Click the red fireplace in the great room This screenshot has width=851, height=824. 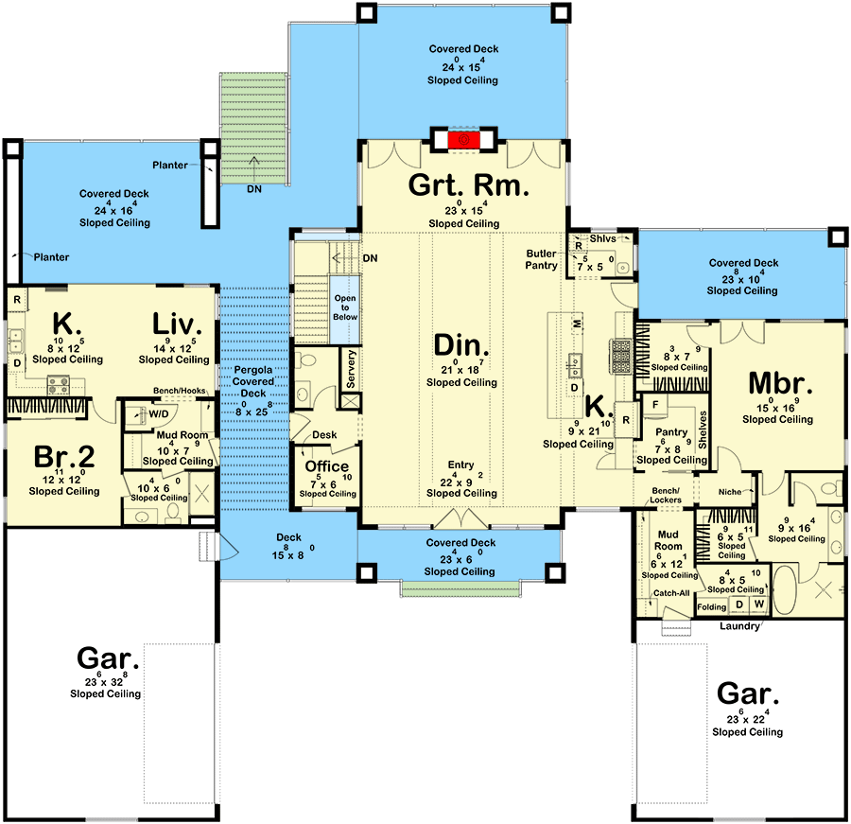click(x=463, y=140)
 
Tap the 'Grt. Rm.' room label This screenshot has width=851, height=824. click(x=468, y=185)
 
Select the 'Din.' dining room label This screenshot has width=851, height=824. click(x=461, y=345)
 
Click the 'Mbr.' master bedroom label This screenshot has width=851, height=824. click(x=780, y=383)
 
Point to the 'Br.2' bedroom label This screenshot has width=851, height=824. click(x=64, y=457)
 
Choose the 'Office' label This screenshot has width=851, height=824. click(x=327, y=466)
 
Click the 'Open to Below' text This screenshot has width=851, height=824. click(x=345, y=307)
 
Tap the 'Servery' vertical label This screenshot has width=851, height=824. click(x=351, y=369)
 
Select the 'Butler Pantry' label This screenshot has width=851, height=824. click(x=541, y=259)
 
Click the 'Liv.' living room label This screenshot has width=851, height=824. click(x=177, y=324)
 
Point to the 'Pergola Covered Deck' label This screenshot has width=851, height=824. click(x=252, y=381)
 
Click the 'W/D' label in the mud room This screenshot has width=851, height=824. click(x=159, y=414)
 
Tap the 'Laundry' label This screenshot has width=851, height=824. click(x=739, y=626)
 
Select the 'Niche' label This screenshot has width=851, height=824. click(x=729, y=492)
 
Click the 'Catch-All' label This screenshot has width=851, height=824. click(x=671, y=593)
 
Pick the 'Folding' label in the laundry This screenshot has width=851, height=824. click(x=711, y=606)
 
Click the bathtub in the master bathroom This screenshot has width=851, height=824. click(x=784, y=590)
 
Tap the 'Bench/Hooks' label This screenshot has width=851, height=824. click(x=179, y=391)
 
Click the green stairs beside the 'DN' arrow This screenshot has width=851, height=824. click(x=252, y=129)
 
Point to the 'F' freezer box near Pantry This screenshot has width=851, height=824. click(x=655, y=405)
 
